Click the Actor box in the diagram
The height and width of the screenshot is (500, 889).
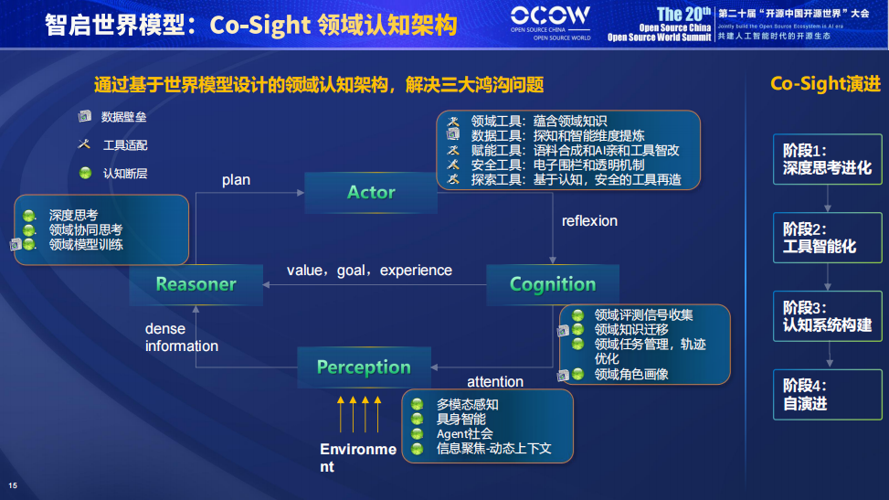371,192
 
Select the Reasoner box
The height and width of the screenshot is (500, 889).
196,284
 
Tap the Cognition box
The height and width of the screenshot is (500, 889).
552,284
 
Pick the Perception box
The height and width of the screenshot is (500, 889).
363,367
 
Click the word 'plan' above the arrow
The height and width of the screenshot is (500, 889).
236,180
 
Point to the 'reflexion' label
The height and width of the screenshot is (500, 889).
589,221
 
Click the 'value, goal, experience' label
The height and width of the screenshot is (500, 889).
369,271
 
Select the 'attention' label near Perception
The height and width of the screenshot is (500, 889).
495,381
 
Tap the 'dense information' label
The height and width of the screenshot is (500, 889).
181,337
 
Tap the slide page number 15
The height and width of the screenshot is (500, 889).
13,484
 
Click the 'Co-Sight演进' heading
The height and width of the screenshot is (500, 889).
825,84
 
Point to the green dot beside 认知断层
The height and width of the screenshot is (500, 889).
85,173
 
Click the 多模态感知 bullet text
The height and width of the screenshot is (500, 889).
467,404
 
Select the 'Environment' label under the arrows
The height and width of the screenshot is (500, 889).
357,457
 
